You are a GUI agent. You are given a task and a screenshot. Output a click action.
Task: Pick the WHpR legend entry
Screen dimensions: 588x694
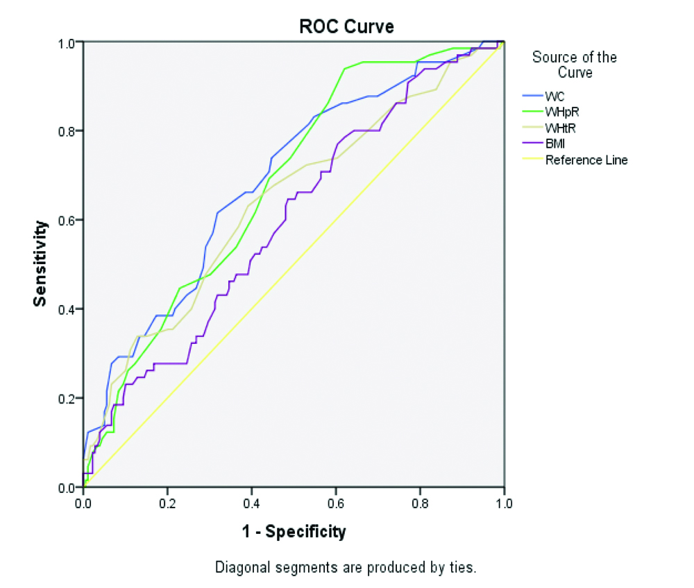tap(561, 112)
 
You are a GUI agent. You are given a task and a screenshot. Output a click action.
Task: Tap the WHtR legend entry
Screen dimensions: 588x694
tap(561, 128)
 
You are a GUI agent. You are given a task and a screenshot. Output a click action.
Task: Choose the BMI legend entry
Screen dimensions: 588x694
tap(557, 144)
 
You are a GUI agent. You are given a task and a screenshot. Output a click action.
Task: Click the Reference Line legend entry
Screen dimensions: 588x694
tap(586, 160)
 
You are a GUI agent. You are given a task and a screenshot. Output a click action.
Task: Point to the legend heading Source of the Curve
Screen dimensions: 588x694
tap(575, 64)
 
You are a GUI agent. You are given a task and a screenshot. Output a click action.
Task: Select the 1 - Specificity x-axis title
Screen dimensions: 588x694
tap(293, 532)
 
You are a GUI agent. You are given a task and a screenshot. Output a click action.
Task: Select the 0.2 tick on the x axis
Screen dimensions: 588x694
tap(167, 501)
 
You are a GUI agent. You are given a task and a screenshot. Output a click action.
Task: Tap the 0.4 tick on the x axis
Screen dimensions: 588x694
tap(251, 501)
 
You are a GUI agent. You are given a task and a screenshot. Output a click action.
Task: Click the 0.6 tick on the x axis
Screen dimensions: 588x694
tap(335, 501)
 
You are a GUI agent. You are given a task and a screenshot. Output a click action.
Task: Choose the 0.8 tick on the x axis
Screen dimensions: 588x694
tap(420, 501)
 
